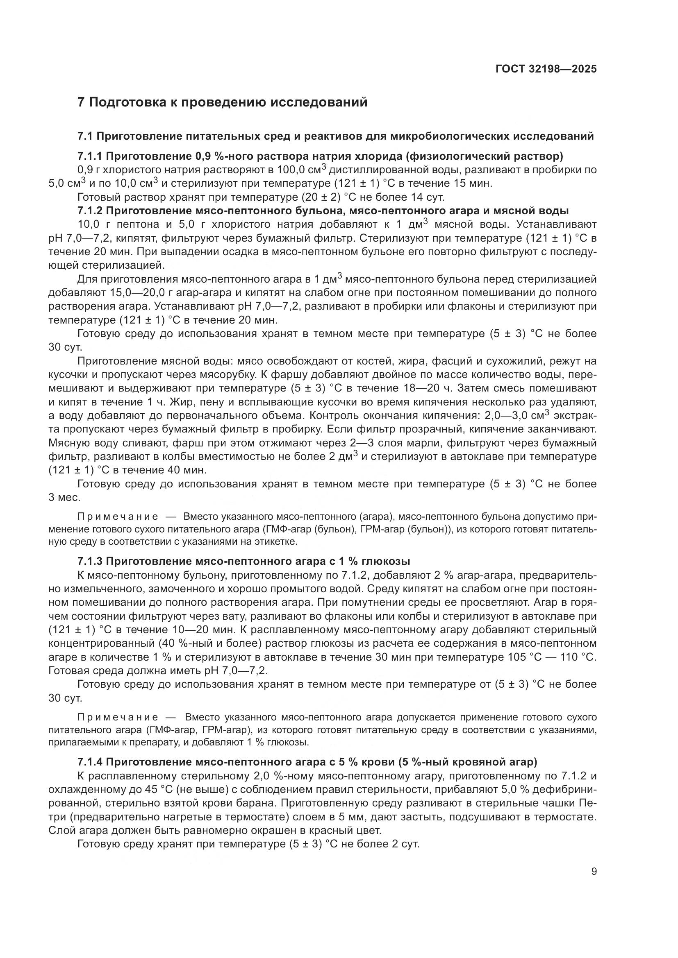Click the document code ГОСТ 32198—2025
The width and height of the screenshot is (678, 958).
point(546,69)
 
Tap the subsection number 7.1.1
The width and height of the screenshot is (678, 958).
point(90,156)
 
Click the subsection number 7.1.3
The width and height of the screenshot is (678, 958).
point(90,561)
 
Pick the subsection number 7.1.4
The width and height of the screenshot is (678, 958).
point(90,762)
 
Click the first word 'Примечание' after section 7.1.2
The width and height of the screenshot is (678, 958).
point(118,517)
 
